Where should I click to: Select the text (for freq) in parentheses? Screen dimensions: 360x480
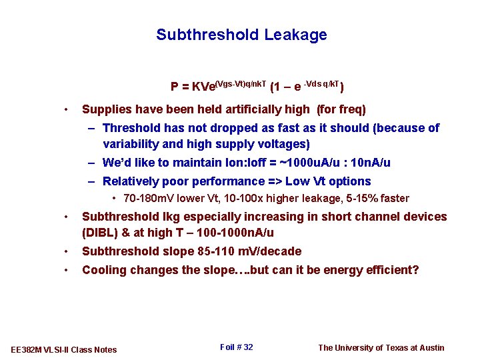coord(341,109)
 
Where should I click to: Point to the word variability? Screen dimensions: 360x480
coord(131,144)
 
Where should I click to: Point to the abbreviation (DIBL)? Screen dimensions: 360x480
coord(99,233)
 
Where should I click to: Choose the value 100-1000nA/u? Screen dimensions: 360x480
coord(231,233)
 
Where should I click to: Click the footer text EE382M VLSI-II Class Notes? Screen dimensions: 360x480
coord(65,349)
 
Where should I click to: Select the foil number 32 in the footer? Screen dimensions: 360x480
coord(248,347)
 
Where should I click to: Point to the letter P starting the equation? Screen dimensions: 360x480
coord(175,87)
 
